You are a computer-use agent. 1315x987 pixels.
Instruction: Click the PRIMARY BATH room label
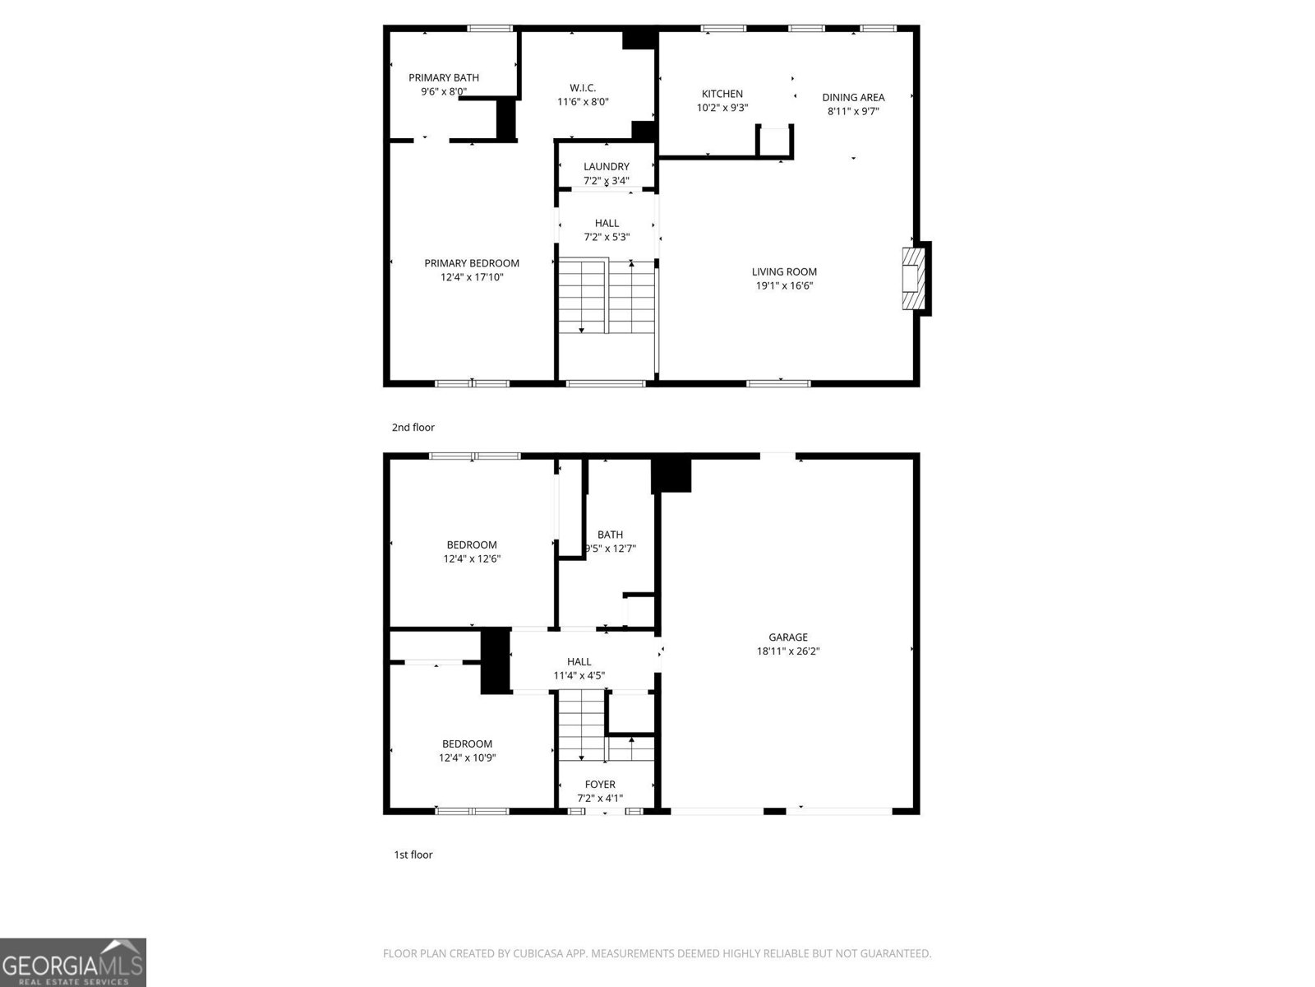pos(444,77)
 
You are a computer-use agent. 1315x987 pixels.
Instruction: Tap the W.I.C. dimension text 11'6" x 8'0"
pos(583,102)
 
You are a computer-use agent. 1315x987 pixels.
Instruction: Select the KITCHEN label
pos(722,94)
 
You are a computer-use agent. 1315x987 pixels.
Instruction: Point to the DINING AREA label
pos(853,97)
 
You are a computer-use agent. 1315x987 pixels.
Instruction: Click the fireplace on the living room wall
pos(911,279)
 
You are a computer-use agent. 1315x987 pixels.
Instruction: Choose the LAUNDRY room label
pos(607,166)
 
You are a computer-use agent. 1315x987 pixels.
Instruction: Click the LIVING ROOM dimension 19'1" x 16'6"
pos(785,286)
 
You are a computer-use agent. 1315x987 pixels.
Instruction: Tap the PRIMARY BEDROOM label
pos(472,263)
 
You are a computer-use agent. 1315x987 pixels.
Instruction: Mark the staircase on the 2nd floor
pos(607,296)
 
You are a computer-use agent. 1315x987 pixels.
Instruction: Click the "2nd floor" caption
pos(413,428)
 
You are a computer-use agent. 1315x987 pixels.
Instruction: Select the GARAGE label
pos(788,637)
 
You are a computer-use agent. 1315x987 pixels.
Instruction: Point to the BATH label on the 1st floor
pos(610,535)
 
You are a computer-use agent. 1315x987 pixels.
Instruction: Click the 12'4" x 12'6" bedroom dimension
pos(472,558)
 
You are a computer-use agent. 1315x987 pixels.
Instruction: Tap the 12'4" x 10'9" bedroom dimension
pos(467,758)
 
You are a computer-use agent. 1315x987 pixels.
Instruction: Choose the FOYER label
pos(600,785)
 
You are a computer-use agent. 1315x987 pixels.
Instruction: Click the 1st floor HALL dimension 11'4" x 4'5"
pos(579,676)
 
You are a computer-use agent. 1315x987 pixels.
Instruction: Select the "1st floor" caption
pos(413,855)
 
